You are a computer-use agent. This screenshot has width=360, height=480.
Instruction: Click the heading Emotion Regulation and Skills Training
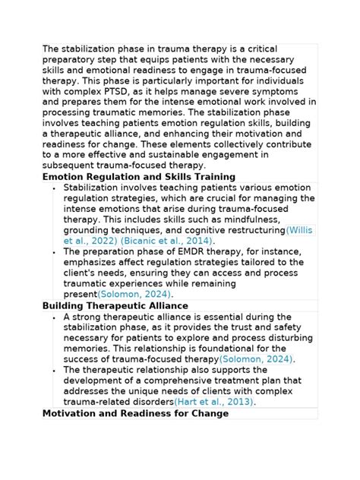(x=139, y=177)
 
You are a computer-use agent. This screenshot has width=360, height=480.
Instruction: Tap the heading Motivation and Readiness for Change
(x=135, y=414)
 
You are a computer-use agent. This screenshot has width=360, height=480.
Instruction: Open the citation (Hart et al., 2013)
(x=214, y=403)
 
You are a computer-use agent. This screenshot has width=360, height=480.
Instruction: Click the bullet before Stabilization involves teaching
(x=54, y=187)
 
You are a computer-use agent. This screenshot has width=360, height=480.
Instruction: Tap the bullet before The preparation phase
(x=54, y=251)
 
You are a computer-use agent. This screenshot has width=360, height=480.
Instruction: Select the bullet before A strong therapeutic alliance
(x=54, y=317)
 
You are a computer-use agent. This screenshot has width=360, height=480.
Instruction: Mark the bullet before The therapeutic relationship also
(x=54, y=371)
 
